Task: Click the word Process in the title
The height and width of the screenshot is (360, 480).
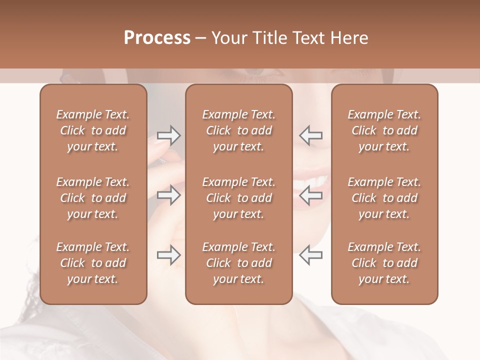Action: tap(157, 38)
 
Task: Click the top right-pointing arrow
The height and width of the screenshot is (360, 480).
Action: tap(168, 135)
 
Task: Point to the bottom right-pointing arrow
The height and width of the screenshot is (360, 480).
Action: tap(168, 255)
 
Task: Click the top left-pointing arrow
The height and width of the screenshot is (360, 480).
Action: tap(311, 135)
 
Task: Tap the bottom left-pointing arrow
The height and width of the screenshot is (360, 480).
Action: tap(311, 255)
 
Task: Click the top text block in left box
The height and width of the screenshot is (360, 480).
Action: tap(93, 130)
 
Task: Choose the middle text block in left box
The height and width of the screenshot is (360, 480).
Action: tap(93, 198)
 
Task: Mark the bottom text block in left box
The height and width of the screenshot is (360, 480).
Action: tap(93, 263)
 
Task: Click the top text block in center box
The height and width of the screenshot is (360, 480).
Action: tap(238, 130)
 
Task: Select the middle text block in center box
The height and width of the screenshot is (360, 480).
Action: tap(238, 198)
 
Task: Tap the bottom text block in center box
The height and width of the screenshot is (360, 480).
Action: tap(238, 263)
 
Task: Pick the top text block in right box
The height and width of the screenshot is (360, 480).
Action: tap(384, 130)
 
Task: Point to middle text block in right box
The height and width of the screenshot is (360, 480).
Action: tap(384, 198)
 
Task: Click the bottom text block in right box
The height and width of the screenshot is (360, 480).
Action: tap(384, 263)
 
